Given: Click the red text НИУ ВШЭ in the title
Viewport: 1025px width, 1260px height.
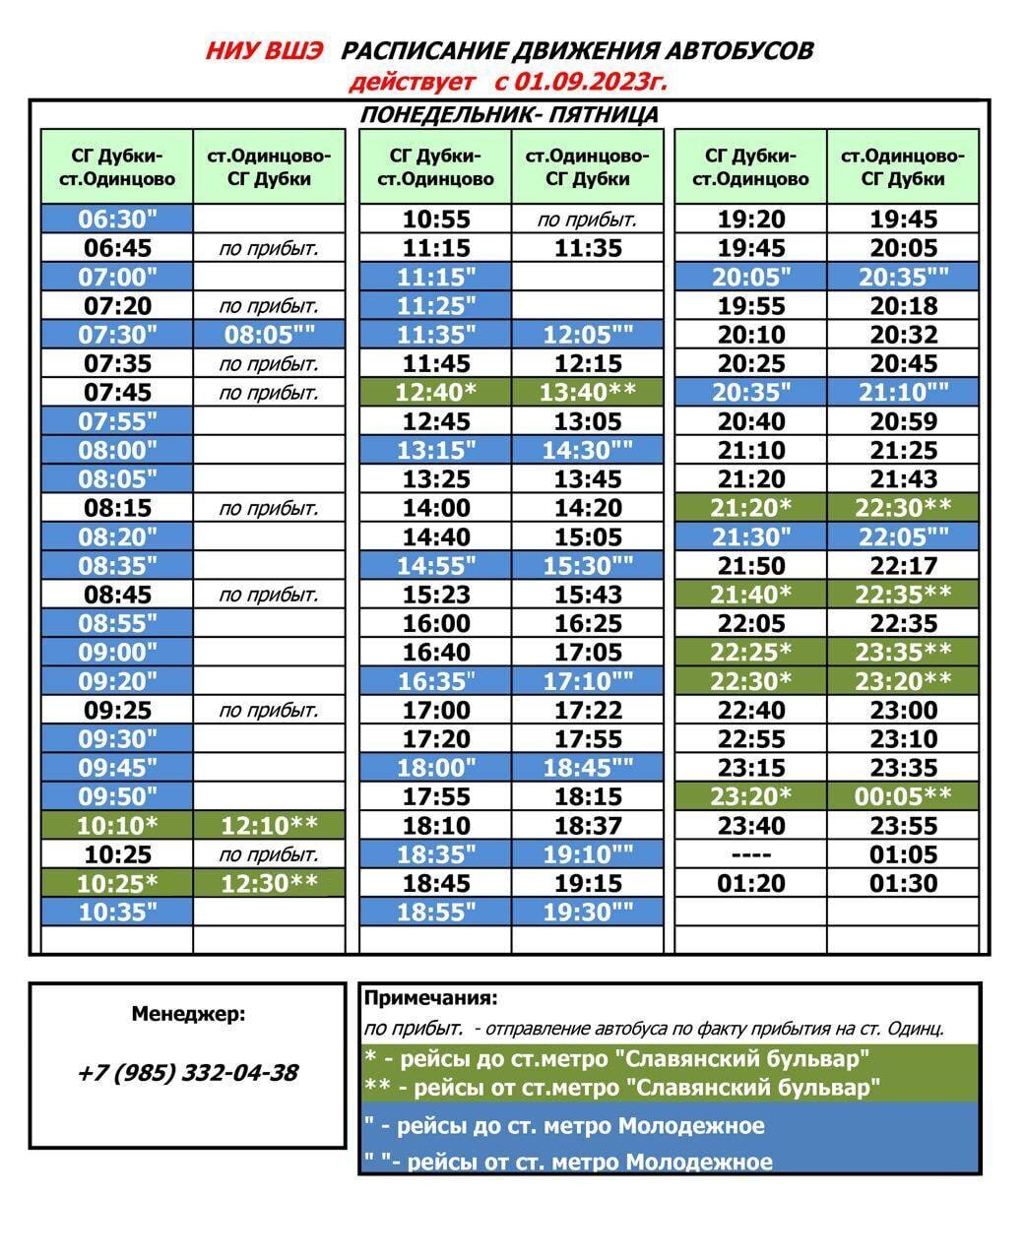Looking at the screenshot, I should (x=263, y=51).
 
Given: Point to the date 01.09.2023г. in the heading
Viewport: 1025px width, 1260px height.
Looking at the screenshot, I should (x=590, y=81).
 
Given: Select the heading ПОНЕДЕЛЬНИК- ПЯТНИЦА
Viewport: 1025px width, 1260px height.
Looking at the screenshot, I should (x=509, y=115).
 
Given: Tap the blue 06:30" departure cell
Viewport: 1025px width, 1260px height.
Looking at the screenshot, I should (x=117, y=219).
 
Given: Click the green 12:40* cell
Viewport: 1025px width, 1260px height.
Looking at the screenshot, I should (x=435, y=393).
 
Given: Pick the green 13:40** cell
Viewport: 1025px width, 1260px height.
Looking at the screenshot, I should (x=588, y=393).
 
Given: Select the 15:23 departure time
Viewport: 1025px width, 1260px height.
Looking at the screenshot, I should (x=435, y=595).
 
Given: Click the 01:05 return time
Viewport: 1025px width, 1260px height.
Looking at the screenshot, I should (x=903, y=854).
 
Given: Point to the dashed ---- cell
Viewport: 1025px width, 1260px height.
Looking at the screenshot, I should (x=750, y=854).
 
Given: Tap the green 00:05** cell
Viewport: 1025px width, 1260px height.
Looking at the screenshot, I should (x=903, y=796).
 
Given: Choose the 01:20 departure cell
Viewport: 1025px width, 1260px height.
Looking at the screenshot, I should (x=750, y=883).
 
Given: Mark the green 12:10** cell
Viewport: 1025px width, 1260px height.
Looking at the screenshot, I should (x=269, y=825).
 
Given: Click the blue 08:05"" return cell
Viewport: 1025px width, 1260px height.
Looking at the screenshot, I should (x=269, y=335).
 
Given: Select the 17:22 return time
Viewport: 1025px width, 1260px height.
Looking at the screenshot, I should (x=588, y=710).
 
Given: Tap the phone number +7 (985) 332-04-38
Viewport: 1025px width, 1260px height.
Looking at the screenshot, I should (x=187, y=1073).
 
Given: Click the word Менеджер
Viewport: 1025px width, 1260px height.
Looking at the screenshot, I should (x=188, y=1014).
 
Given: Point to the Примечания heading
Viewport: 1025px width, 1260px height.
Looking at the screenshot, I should (x=431, y=998).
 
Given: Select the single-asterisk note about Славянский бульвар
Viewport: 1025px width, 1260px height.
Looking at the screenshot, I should (x=617, y=1059).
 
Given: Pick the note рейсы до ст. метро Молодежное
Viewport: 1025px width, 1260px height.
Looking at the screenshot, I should (x=565, y=1125).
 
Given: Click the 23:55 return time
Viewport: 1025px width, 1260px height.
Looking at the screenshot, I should (x=903, y=825).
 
